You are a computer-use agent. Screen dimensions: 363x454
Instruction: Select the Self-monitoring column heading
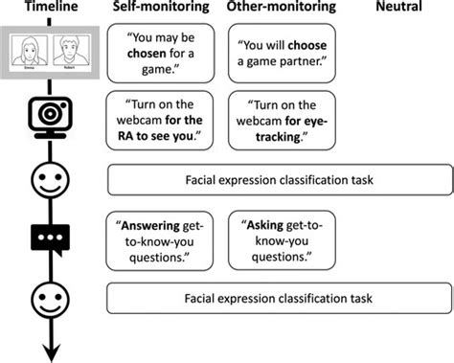pos(161,9)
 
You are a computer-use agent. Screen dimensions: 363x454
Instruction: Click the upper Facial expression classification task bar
pos(279,179)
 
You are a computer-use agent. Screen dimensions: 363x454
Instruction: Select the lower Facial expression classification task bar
pos(279,300)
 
